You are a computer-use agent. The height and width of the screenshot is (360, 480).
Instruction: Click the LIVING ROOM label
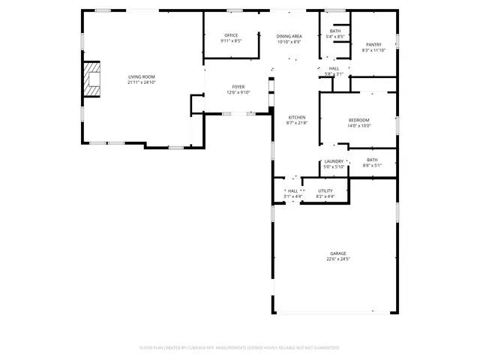pos(141,76)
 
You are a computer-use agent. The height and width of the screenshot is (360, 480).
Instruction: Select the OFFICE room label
pos(230,35)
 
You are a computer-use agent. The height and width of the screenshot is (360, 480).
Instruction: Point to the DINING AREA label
pos(289,36)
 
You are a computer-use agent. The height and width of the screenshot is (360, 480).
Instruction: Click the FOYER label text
pos(238,87)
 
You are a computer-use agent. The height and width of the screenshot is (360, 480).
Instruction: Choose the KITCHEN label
pos(297,118)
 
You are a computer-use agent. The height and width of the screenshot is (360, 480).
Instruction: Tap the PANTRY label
pos(373,45)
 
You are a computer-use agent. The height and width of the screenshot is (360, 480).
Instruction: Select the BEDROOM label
pos(358,121)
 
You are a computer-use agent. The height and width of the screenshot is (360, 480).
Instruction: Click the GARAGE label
pos(338,253)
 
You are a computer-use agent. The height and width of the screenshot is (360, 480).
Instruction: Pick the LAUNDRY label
pos(334,161)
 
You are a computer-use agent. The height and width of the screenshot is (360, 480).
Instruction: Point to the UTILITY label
pos(325,190)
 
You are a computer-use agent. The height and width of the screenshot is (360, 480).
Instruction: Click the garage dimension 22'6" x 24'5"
pos(338,259)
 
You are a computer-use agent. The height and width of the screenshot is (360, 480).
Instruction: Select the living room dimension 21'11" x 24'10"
pos(141,82)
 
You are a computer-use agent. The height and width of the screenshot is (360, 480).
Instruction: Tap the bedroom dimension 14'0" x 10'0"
pos(358,127)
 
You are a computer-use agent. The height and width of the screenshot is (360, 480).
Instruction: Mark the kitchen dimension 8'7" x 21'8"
pos(297,124)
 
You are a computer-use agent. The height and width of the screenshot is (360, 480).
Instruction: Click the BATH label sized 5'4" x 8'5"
pos(335,31)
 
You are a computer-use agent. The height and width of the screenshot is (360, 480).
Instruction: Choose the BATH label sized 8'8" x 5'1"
pos(372,160)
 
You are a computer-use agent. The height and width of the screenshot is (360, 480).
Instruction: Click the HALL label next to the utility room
pos(292,190)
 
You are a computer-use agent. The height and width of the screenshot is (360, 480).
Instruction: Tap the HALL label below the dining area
pos(334,68)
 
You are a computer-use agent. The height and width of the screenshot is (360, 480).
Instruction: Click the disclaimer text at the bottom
pos(240,348)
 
